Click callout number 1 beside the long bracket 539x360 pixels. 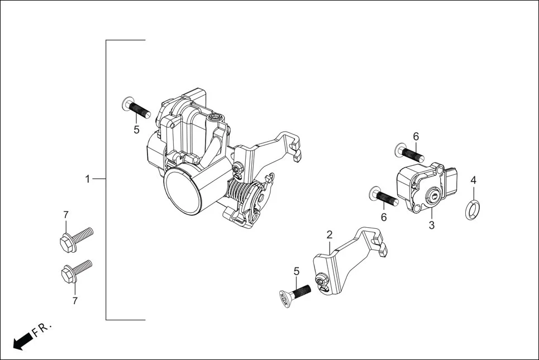click(87, 179)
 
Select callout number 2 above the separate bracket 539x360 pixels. click(330, 234)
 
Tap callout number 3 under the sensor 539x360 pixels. click(431, 225)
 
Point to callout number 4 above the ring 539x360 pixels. click(473, 180)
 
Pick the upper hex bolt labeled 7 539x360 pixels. click(74, 237)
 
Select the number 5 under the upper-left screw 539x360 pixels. click(136, 130)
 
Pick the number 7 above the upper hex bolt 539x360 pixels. click(65, 215)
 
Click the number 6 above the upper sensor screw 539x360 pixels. click(416, 136)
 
